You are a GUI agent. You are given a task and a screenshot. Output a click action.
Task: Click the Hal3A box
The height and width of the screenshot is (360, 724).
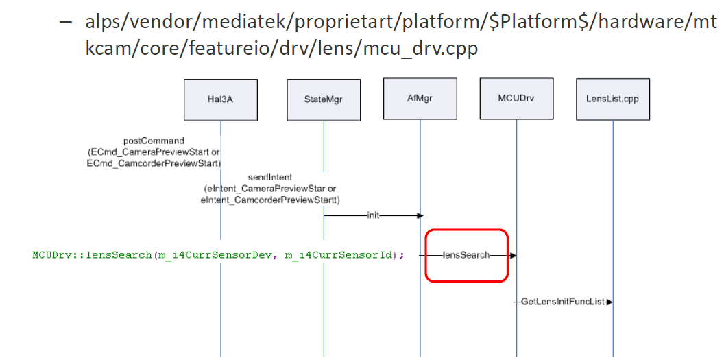220,99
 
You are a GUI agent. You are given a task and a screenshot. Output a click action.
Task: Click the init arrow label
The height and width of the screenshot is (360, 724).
372,215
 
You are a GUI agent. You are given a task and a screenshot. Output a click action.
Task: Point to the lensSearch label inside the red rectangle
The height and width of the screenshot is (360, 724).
466,255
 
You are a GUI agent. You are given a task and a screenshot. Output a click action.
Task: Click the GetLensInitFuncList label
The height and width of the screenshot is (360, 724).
562,302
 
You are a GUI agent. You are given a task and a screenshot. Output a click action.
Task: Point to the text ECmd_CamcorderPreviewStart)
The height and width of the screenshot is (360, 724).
153,163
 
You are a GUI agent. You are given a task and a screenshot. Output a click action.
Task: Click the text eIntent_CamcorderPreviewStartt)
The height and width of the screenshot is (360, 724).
271,200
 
